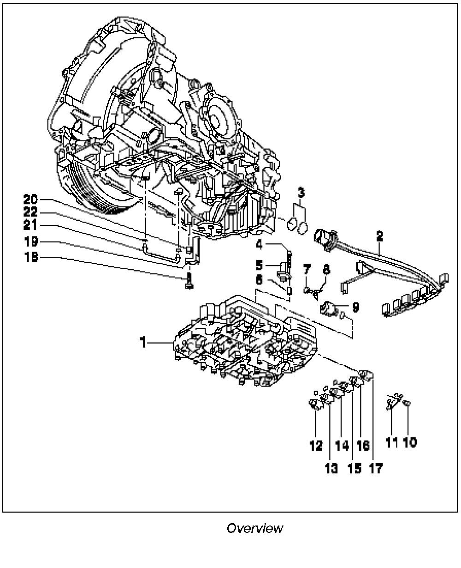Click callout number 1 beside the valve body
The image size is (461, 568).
click(x=143, y=342)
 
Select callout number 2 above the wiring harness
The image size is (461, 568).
click(x=379, y=236)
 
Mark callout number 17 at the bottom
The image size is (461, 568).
click(x=375, y=468)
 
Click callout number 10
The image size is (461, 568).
click(x=410, y=442)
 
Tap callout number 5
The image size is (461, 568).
click(x=260, y=266)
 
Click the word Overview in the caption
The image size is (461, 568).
click(x=255, y=527)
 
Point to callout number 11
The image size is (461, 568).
click(x=391, y=442)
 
